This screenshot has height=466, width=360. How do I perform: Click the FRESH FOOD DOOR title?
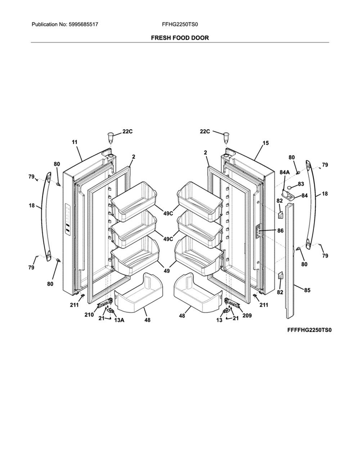tap(180, 38)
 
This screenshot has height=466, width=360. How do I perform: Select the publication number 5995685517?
tap(83, 25)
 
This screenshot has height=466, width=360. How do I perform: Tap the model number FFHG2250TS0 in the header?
tap(180, 25)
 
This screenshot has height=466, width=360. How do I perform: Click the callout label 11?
tap(74, 142)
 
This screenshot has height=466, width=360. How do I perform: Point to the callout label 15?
tap(265, 143)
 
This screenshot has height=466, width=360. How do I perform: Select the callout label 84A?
tap(284, 172)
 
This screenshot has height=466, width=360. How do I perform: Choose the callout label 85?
tap(307, 290)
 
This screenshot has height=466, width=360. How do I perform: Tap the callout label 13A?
tap(120, 320)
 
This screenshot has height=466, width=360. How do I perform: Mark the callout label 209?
tap(247, 315)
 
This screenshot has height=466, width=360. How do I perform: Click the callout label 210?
tap(89, 315)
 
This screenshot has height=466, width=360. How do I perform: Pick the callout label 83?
tap(301, 184)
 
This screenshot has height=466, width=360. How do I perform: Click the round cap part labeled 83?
tap(290, 188)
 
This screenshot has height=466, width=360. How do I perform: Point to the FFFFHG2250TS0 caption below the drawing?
tap(309, 330)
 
